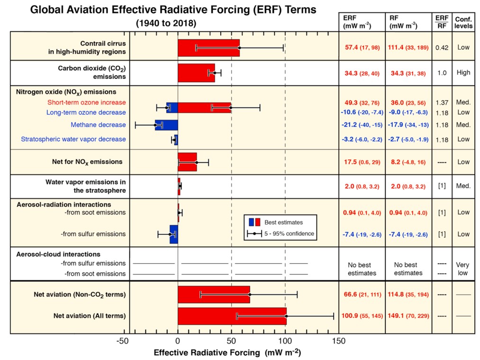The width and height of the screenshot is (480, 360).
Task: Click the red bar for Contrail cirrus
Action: (208, 48)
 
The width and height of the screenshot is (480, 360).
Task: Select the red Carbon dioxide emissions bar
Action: (196, 73)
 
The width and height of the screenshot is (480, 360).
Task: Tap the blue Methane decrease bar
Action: (166, 125)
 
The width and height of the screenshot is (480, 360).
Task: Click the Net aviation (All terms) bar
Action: (232, 316)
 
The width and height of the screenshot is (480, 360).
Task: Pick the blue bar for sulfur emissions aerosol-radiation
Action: (173, 234)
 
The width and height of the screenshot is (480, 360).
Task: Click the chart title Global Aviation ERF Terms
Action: (173, 10)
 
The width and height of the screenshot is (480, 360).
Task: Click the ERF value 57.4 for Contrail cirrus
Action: (353, 48)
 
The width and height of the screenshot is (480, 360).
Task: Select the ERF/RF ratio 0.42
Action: (442, 48)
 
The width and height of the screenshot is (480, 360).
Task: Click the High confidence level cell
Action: (463, 73)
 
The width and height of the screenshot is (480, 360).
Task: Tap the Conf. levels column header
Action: (463, 22)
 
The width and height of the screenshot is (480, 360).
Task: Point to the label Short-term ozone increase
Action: (86, 102)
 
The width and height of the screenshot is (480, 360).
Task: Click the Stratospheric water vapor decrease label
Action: (73, 139)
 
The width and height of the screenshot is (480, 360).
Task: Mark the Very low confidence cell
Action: (462, 268)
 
